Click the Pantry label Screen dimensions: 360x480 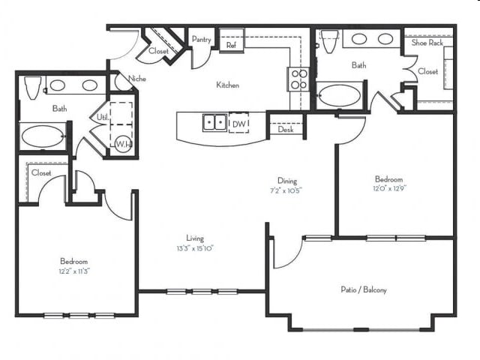click(x=201, y=40)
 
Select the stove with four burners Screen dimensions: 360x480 click(x=298, y=78)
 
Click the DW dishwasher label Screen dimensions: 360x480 click(x=238, y=123)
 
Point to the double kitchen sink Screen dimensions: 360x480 click(x=214, y=122)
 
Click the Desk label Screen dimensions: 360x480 click(x=285, y=130)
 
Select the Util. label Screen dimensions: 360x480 click(x=101, y=117)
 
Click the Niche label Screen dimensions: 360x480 click(x=137, y=78)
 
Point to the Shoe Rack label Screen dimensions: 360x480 click(x=427, y=43)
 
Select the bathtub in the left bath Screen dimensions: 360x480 click(x=43, y=136)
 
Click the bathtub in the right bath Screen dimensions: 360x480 click(x=340, y=96)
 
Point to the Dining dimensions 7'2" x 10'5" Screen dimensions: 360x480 click(x=287, y=190)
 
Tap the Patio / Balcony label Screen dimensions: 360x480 click(x=363, y=289)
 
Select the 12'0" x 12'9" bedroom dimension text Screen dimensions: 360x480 click(x=389, y=190)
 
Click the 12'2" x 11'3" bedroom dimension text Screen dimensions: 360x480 click(x=74, y=271)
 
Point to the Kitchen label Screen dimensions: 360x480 click(x=228, y=85)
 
